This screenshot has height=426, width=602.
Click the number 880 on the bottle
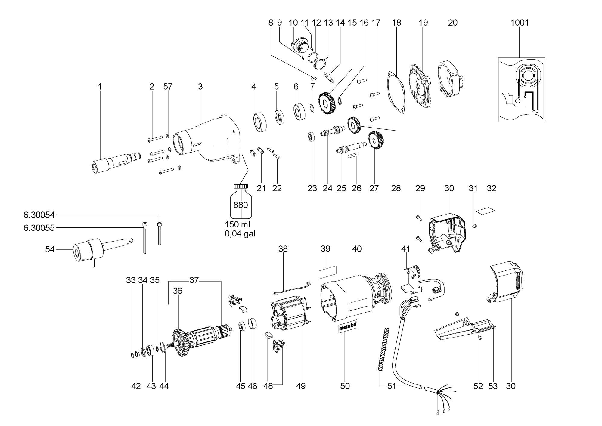pos(240,205)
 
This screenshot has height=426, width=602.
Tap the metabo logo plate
pos(347,327)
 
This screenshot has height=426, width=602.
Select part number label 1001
pos(520,23)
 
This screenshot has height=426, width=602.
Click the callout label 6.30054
pos(39,215)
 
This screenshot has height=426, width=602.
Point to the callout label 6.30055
pos(39,228)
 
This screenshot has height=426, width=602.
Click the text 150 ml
pos(237,224)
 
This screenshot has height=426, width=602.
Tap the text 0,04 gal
pos(240,233)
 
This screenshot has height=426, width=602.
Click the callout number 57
pos(168,87)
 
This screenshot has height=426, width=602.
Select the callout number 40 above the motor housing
pos(357,249)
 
